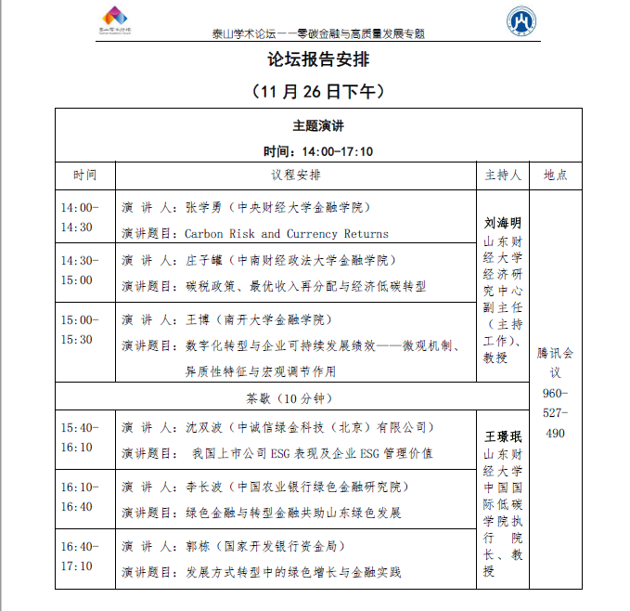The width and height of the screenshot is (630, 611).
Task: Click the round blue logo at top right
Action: [x=521, y=20]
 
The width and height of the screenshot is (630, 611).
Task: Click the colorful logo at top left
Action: [x=115, y=19]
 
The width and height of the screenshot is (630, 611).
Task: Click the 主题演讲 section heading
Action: [x=318, y=126]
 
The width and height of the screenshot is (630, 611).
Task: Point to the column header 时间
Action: [x=84, y=175]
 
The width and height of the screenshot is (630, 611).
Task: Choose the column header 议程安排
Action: [x=296, y=175]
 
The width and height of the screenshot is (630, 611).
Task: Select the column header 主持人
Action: [x=503, y=175]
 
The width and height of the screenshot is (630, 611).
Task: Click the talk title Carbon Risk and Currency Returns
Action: [x=287, y=234]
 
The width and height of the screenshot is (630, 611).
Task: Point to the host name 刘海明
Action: [x=503, y=224]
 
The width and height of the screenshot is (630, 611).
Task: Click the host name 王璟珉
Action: [x=503, y=435]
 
